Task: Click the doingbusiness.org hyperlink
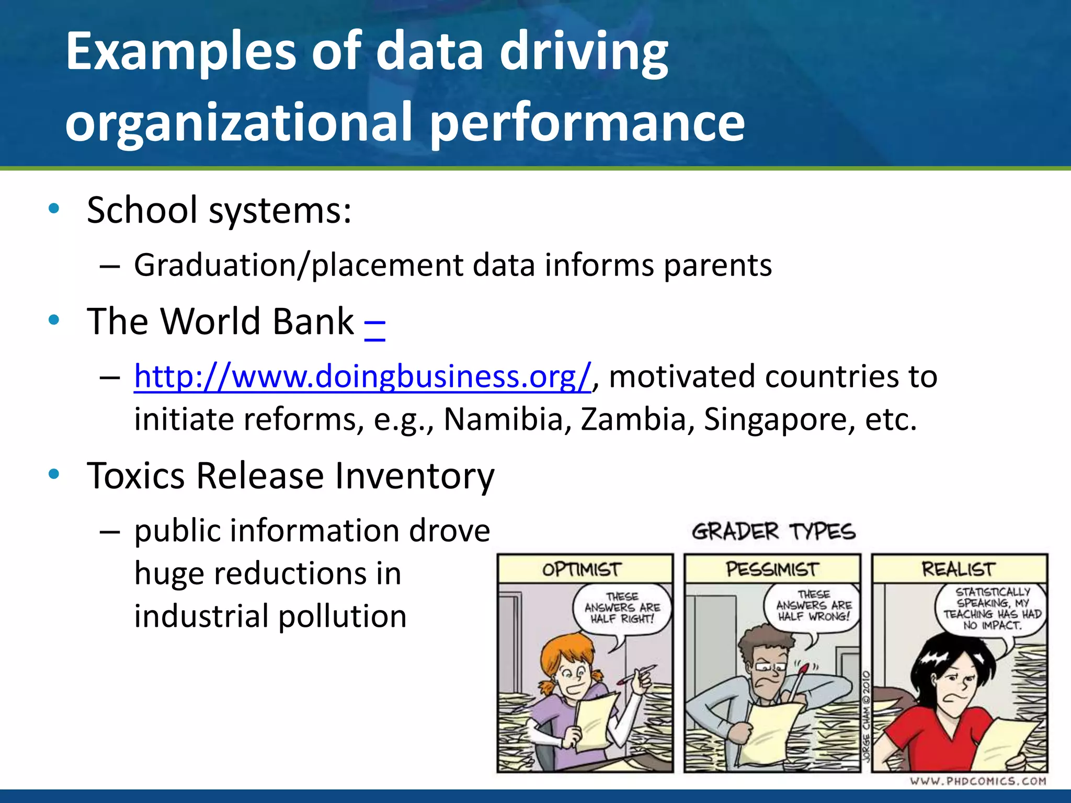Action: tap(362, 376)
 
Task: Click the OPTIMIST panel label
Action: tap(582, 569)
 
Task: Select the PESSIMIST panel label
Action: tap(772, 569)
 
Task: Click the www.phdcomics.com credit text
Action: tap(978, 781)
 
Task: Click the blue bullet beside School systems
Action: tap(53, 209)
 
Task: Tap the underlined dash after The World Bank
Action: tap(374, 322)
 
